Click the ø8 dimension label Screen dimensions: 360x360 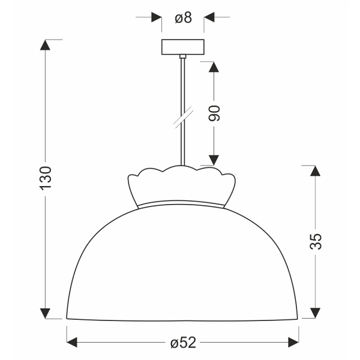183,18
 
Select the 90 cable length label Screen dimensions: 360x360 215,113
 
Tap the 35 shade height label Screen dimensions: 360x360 316,241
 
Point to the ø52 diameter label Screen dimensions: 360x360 183,343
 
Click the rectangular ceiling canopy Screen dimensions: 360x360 183,47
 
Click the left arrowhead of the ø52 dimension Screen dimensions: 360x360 71,343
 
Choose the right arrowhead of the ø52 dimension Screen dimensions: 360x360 293,343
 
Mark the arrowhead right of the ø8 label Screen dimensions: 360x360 209,18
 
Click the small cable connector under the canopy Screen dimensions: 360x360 182,56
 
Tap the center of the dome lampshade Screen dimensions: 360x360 182,264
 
